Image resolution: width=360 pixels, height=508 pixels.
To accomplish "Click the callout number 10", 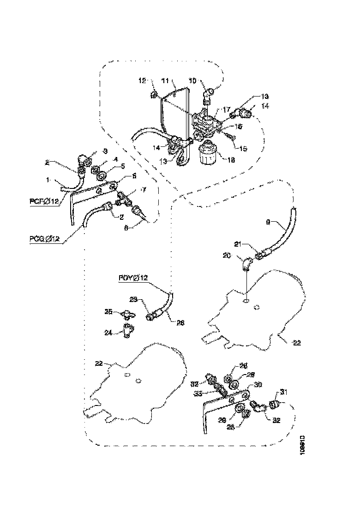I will (x=192, y=80).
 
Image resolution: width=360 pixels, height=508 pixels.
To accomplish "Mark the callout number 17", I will (x=227, y=110).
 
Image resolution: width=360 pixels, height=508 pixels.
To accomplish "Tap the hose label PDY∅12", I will (x=133, y=278).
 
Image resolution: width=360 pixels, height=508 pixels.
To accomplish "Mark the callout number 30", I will (x=258, y=384).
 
